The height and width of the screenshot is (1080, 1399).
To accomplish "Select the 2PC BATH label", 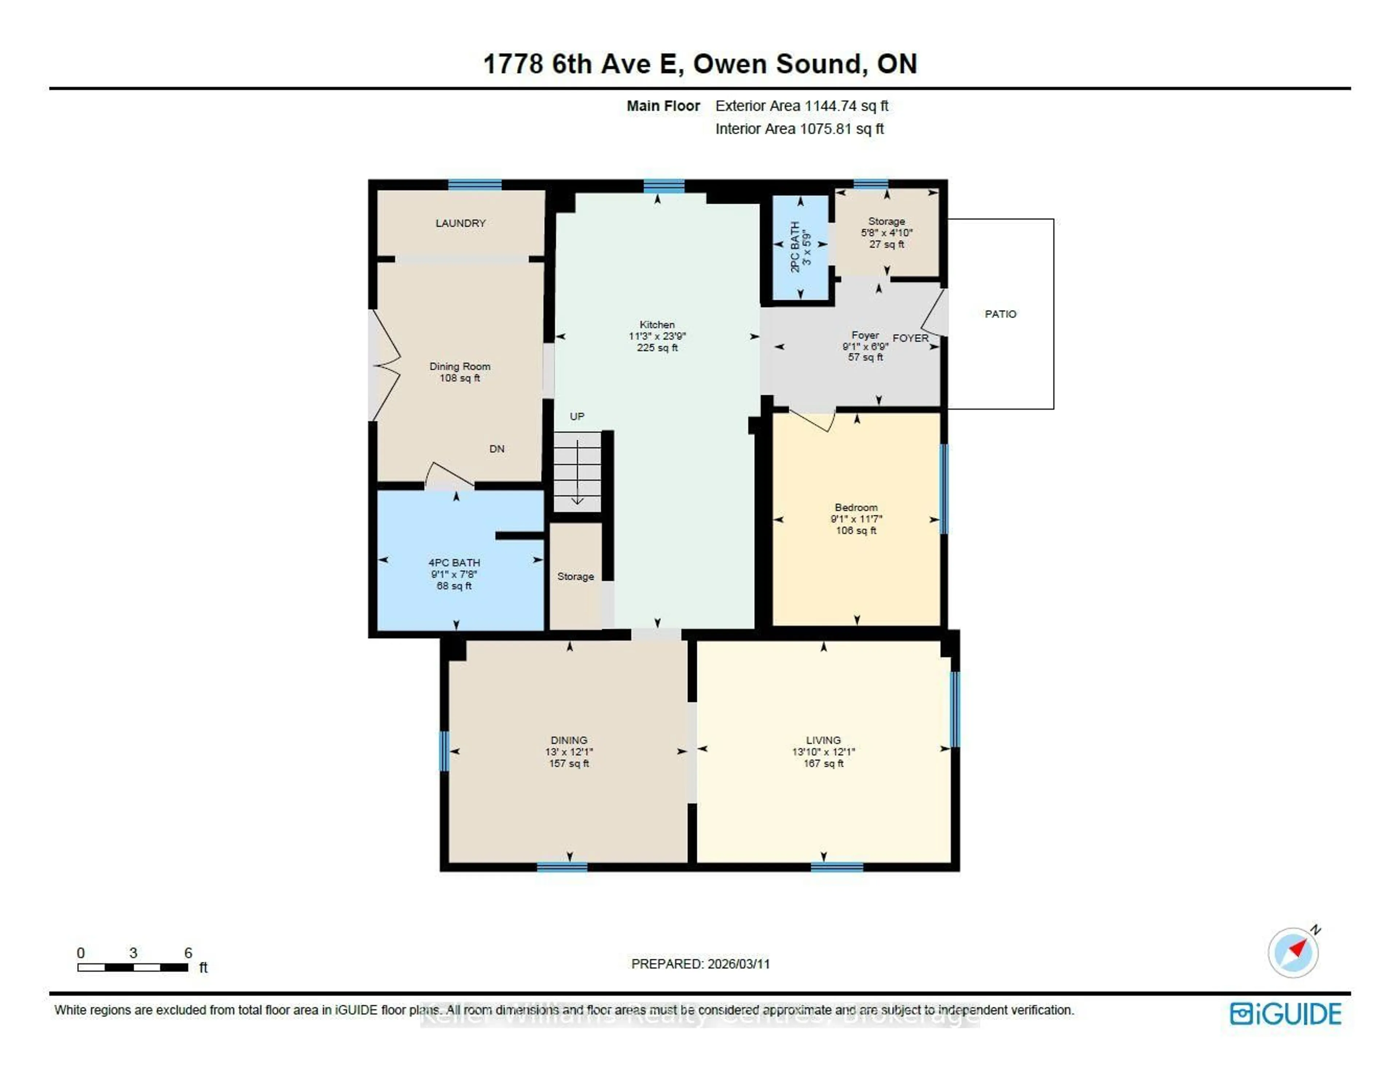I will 795,247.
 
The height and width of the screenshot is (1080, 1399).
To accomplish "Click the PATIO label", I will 1000,314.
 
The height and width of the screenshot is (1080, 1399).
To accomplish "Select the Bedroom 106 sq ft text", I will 856,530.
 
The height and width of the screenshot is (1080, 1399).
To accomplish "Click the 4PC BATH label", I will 454,562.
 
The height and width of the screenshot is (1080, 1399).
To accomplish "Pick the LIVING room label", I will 823,740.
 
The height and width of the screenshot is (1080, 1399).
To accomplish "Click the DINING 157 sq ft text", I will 569,763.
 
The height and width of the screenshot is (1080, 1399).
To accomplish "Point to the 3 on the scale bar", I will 133,953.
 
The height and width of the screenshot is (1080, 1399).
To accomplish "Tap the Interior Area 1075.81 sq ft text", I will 799,129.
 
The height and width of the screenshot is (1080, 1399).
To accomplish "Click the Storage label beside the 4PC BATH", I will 575,577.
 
